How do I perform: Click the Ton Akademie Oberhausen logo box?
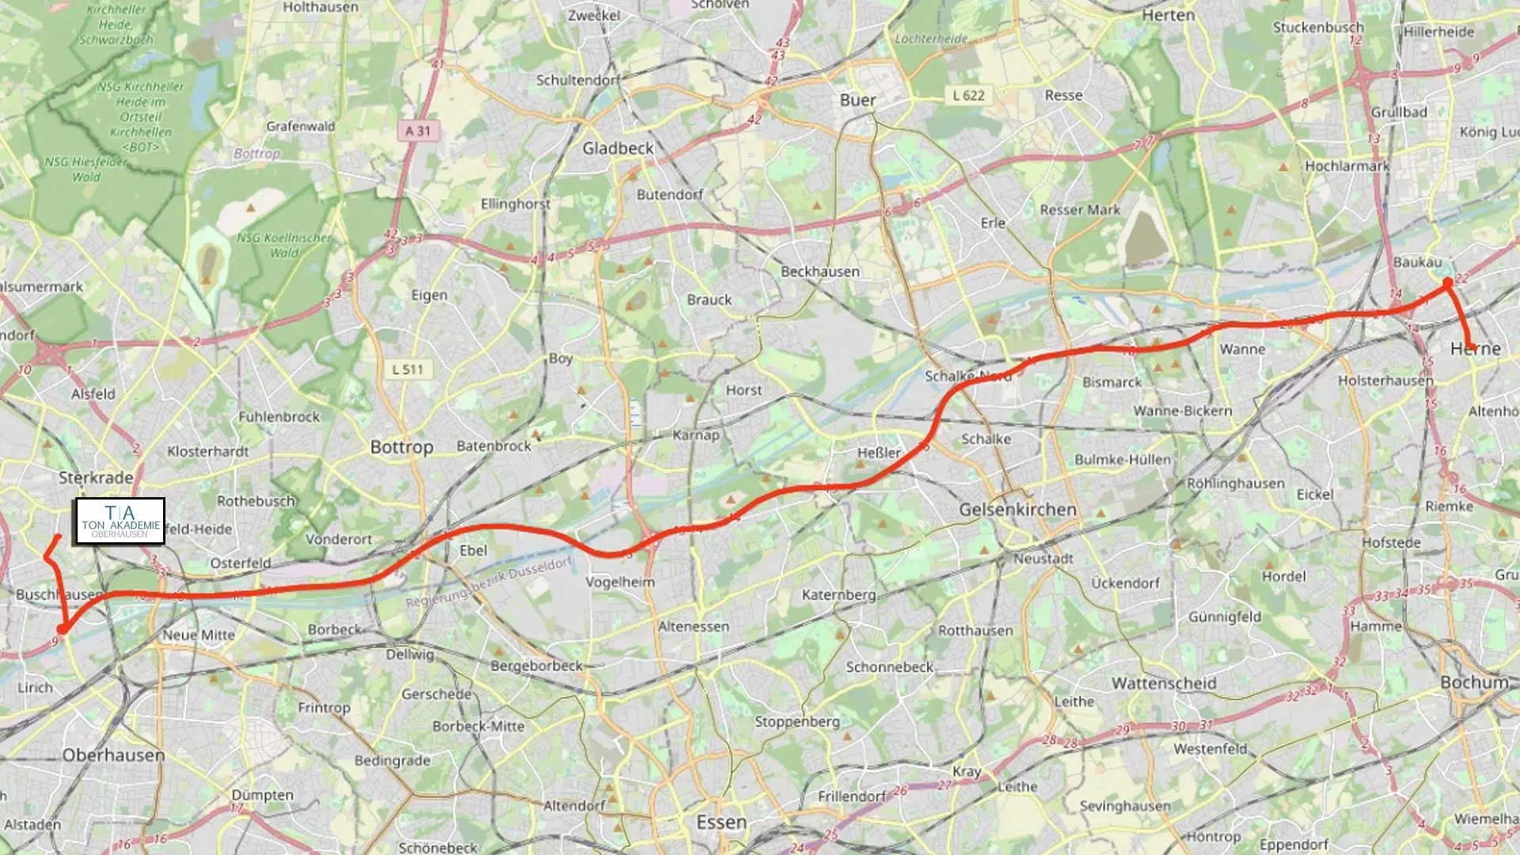pos(120,521)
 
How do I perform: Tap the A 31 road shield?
pos(417,131)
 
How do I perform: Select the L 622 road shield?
pos(968,96)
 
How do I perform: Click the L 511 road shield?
pos(408,369)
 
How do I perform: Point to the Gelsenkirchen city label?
pos(1017,509)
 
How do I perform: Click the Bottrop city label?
pos(401,446)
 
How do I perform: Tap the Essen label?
pos(721,822)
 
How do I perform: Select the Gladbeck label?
pos(618,148)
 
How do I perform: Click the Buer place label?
pos(857,100)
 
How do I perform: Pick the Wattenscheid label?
pos(1164,682)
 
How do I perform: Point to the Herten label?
pos(1168,15)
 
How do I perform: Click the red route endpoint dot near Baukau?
pos(1447,282)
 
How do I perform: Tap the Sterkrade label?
pos(96,477)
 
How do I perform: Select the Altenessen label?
pos(693,626)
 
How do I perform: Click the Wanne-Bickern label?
pos(1183,411)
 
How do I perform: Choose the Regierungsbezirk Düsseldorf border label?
pos(488,583)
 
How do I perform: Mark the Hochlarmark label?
pos(1347,166)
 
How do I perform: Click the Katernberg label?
pos(838,595)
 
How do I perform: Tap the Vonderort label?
pos(339,539)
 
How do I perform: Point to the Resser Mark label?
pos(1080,210)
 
